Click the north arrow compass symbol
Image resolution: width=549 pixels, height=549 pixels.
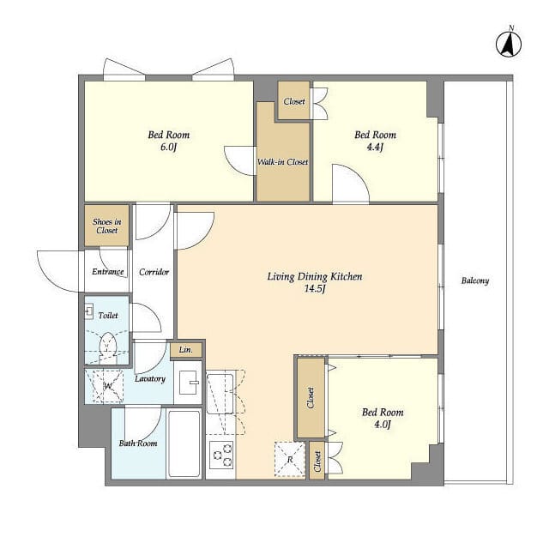(509, 44)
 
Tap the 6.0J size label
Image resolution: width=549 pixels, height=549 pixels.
(168, 147)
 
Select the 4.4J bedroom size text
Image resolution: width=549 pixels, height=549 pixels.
(375, 147)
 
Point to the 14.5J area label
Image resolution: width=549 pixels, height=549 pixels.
(315, 289)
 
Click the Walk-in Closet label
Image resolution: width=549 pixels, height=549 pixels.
(282, 162)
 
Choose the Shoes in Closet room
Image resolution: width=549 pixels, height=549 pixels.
(106, 226)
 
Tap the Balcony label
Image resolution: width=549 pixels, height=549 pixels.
(474, 281)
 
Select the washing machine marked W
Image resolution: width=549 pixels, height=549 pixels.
(108, 386)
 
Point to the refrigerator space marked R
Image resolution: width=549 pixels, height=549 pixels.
(290, 459)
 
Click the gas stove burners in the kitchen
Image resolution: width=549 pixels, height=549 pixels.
(221, 455)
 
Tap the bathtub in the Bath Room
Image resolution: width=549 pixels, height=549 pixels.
(184, 443)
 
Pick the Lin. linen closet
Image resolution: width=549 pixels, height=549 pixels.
(186, 350)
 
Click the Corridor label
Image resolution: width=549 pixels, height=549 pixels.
(154, 272)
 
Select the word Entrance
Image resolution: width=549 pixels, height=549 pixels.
(108, 272)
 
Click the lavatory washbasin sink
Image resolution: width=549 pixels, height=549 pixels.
(189, 383)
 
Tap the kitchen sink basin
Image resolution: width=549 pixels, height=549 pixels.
(220, 394)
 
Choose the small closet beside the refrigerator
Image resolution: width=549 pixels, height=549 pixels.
(317, 461)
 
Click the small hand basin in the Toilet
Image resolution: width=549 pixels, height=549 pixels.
(88, 311)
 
